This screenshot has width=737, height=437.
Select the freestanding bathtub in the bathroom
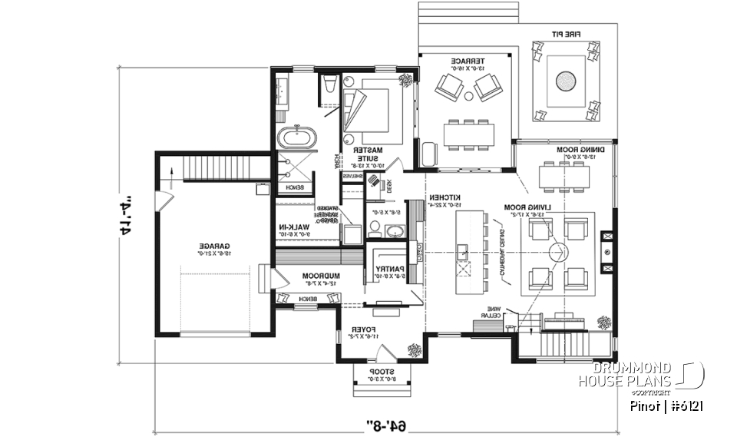296,139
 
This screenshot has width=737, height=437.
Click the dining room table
565,177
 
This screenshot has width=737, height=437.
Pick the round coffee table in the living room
558,252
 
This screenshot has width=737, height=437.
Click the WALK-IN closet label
295,230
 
